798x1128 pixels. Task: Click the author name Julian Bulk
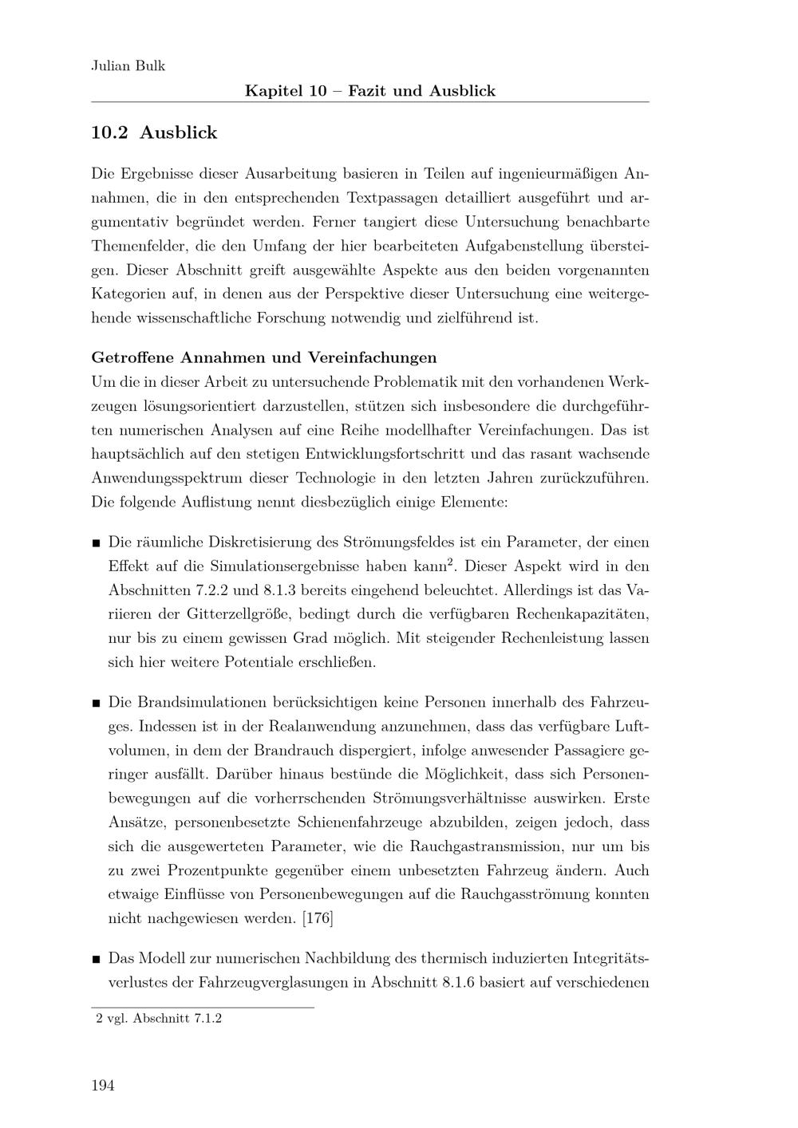(x=128, y=66)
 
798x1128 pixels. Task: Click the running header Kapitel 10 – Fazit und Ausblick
(x=369, y=91)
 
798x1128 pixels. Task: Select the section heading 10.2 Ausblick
(x=154, y=133)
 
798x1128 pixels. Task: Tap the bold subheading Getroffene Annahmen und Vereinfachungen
(x=264, y=357)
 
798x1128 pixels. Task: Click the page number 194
(x=103, y=1085)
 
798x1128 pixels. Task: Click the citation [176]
(x=318, y=918)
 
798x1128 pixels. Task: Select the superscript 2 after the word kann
(x=451, y=563)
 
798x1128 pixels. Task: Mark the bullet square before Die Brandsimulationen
(x=96, y=704)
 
